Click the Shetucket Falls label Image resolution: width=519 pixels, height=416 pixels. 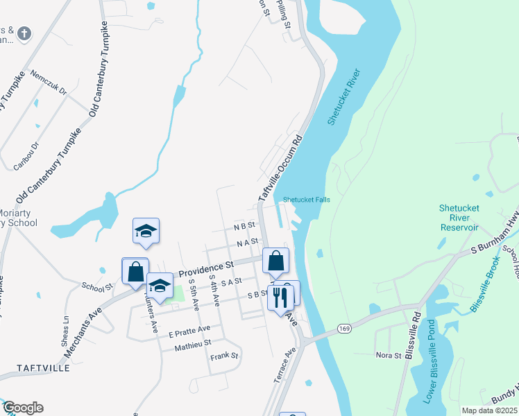click(x=306, y=200)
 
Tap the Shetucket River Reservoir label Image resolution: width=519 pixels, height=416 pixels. click(x=459, y=218)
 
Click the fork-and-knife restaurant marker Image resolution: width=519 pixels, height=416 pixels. click(x=280, y=297)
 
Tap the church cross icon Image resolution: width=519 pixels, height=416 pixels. click(x=24, y=33)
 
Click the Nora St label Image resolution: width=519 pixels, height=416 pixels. click(x=389, y=356)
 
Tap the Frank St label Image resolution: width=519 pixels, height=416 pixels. click(x=224, y=356)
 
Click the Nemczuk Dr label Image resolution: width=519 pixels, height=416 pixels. click(x=49, y=82)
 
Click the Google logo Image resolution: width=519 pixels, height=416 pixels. click(x=22, y=408)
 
